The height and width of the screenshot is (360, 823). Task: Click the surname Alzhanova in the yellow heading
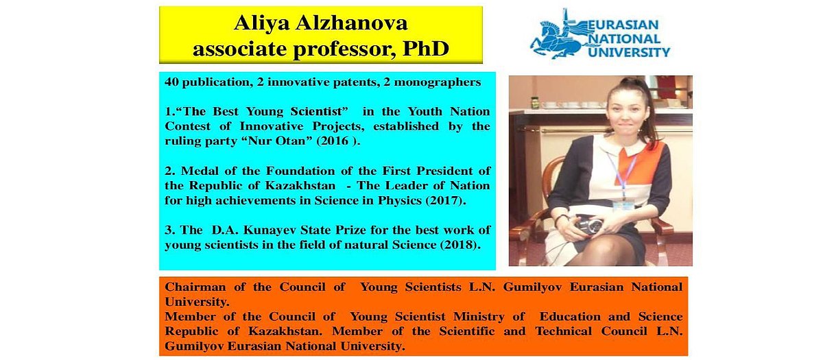pos(351,23)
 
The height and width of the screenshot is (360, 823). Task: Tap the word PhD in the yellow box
pos(426,48)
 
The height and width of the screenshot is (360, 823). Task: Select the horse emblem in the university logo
pos(558,37)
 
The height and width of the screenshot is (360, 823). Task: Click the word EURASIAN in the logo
pos(623,25)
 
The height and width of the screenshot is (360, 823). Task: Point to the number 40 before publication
pos(171,82)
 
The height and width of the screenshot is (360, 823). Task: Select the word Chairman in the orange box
pos(195,287)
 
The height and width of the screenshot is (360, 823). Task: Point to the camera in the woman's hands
pos(589,224)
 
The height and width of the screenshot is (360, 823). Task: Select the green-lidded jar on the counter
pos(536,103)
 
